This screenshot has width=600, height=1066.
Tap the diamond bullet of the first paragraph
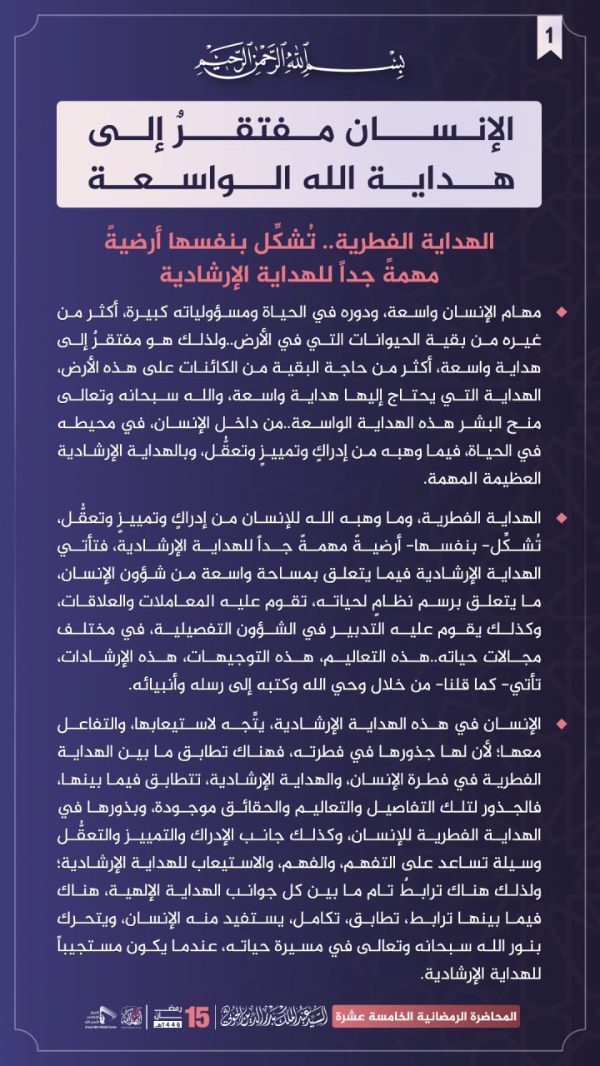[x=561, y=311]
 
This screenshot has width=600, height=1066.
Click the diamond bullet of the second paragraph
[x=561, y=519]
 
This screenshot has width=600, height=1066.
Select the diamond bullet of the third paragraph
[x=561, y=726]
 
